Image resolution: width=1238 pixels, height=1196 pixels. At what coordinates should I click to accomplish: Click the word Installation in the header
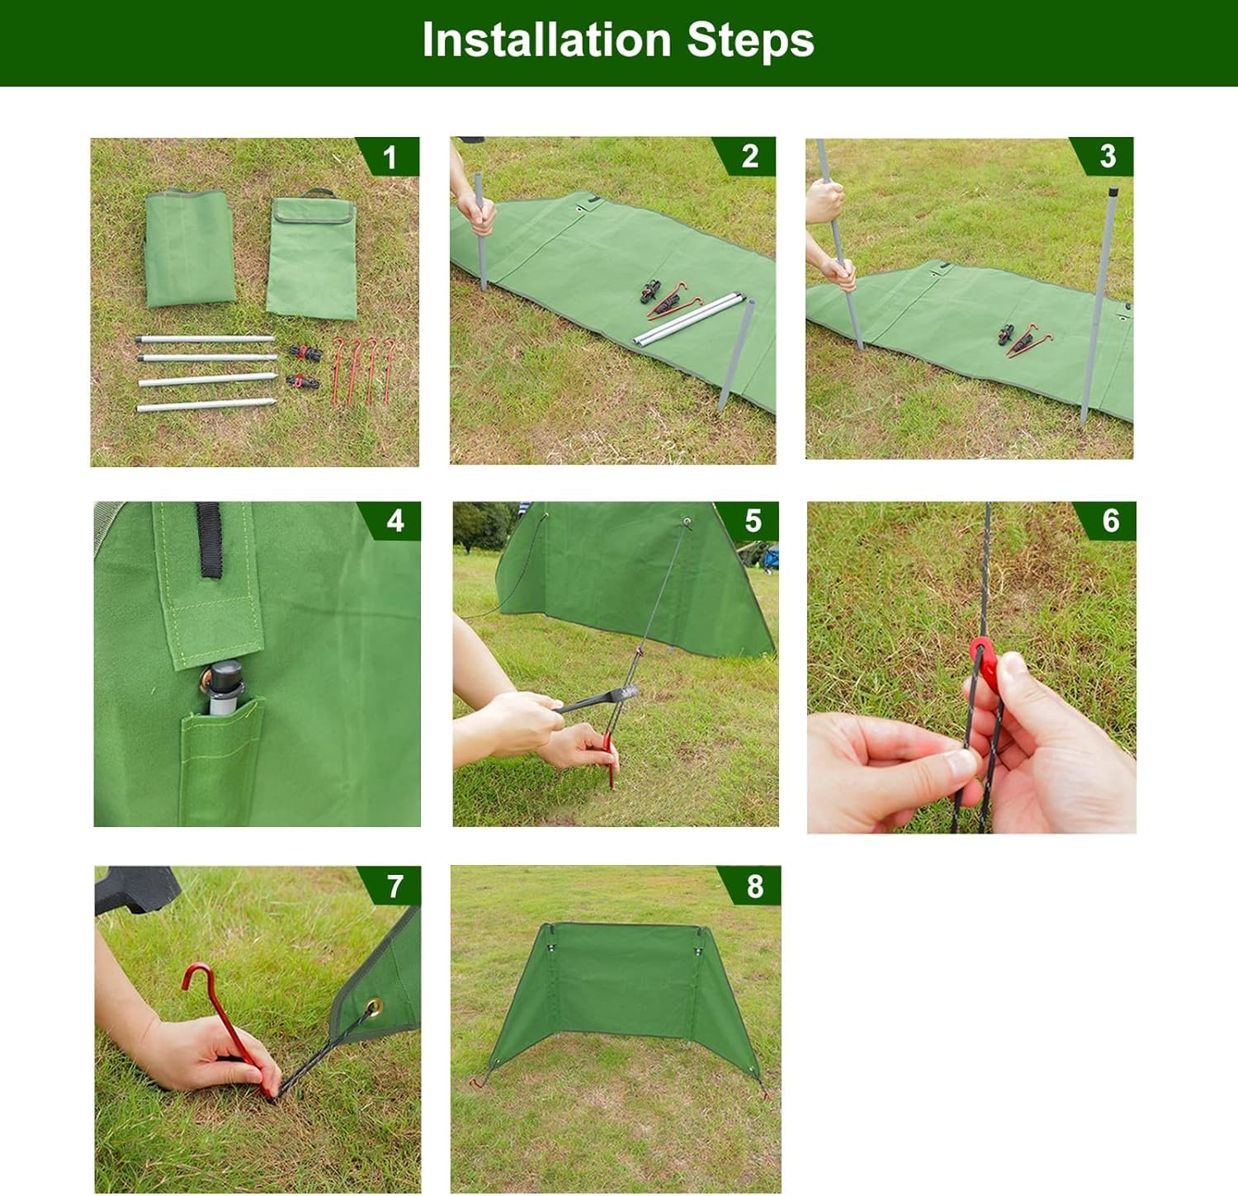[546, 40]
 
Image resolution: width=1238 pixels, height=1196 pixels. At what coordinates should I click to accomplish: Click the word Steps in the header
[750, 41]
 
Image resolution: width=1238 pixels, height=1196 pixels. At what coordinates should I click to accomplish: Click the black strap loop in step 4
[208, 539]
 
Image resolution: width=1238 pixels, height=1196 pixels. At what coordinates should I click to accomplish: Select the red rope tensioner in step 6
[982, 660]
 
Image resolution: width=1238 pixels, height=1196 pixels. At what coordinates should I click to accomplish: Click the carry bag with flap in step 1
[312, 255]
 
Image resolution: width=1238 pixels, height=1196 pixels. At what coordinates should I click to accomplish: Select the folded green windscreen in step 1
[189, 247]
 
